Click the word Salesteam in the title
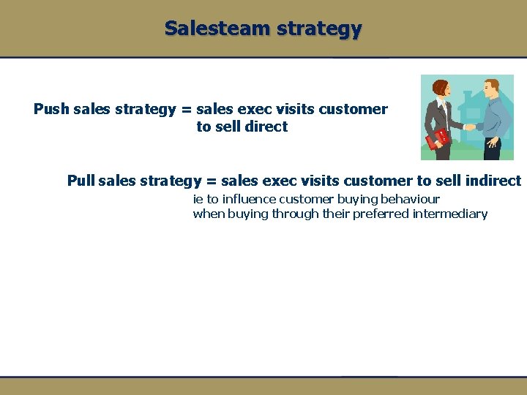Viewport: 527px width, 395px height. [210, 29]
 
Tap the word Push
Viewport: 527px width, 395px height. [51, 109]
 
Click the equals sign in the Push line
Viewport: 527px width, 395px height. [185, 110]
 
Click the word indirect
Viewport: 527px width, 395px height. [493, 181]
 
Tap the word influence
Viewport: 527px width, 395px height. [248, 199]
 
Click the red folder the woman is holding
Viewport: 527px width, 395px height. [438, 138]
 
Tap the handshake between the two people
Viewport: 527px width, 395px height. [468, 127]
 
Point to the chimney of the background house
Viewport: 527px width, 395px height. [468, 96]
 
